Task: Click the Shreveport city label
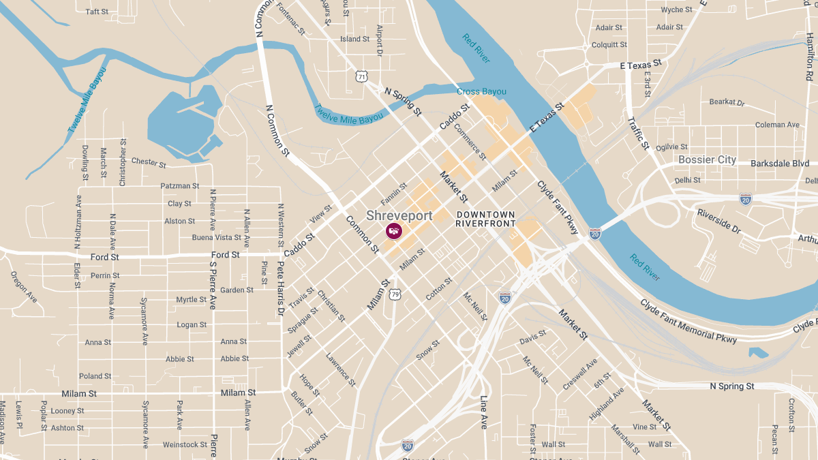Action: (399, 215)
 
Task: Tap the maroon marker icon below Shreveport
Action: (394, 231)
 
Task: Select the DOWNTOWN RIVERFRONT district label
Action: (485, 219)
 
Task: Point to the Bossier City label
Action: (707, 159)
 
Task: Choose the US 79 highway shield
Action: (395, 294)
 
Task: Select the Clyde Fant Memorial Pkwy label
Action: (688, 320)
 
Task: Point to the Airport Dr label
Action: (380, 41)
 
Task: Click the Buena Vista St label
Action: (216, 238)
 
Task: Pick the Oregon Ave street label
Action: (24, 287)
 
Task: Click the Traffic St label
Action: (638, 132)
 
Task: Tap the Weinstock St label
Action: (185, 445)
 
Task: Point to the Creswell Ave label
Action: (580, 374)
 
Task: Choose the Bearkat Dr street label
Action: (727, 102)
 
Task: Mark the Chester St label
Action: (148, 162)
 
